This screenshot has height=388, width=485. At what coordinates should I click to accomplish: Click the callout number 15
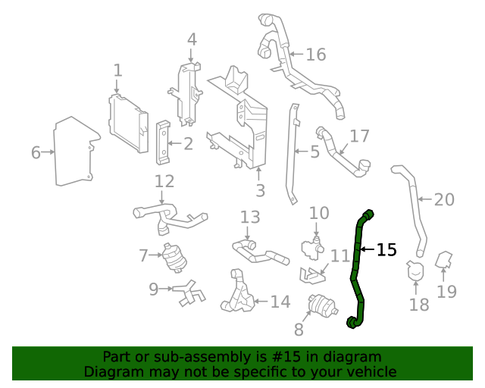click(x=386, y=249)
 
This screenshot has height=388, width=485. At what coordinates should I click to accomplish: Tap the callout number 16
click(x=315, y=54)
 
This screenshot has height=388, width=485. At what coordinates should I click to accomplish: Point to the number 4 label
click(x=192, y=39)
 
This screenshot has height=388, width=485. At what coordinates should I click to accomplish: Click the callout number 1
click(x=117, y=70)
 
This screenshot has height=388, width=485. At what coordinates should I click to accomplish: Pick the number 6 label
click(x=36, y=152)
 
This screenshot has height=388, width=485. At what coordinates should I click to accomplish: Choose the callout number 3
click(x=260, y=190)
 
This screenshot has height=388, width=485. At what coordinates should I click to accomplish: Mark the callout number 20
click(x=444, y=200)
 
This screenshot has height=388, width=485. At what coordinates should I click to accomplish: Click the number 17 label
click(x=359, y=136)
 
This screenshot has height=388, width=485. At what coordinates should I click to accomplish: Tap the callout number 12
click(x=164, y=181)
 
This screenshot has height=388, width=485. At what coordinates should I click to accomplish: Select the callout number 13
click(x=250, y=217)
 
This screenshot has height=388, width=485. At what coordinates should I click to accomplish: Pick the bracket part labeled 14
click(x=238, y=295)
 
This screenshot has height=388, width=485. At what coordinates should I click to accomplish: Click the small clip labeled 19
click(x=445, y=261)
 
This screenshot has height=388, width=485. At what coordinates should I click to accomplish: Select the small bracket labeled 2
click(x=162, y=142)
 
